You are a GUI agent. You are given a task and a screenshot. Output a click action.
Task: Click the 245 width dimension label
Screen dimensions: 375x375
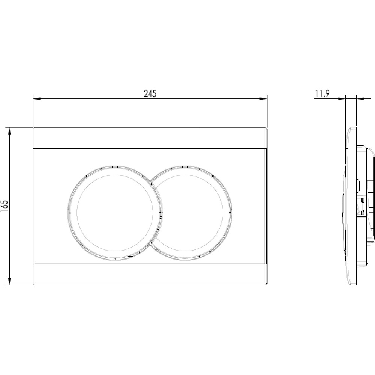tap(150, 93)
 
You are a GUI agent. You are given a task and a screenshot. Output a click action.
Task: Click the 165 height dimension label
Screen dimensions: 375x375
tap(4, 206)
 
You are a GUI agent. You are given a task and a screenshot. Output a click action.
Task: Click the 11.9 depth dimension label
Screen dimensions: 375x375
tap(322, 93)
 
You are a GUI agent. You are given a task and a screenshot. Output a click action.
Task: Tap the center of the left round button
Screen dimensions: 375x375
tap(115, 213)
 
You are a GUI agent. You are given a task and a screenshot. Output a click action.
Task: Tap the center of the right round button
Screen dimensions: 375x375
tap(189, 213)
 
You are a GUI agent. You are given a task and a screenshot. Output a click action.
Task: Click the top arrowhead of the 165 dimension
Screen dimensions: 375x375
tap(10, 131)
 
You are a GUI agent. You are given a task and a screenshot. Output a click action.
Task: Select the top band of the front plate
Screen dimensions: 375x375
tap(150, 138)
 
